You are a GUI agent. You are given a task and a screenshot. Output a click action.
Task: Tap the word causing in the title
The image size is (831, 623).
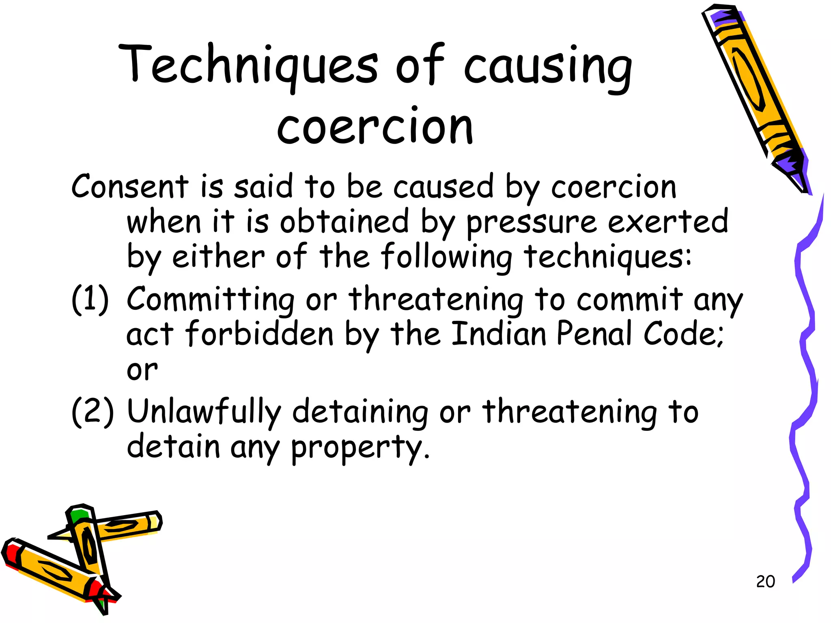pyautogui.click(x=548, y=67)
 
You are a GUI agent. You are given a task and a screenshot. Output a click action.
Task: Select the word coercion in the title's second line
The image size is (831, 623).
pyautogui.click(x=375, y=127)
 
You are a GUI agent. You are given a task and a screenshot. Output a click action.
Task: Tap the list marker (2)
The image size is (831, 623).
pyautogui.click(x=93, y=412)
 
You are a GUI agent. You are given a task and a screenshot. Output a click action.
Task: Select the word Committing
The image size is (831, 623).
pyautogui.click(x=211, y=300)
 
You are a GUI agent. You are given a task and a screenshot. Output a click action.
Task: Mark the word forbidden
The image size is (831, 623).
pyautogui.click(x=260, y=334)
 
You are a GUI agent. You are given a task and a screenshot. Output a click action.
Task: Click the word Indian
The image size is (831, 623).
pyautogui.click(x=499, y=334)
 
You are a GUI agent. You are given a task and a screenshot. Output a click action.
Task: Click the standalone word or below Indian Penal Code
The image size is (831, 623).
pyautogui.click(x=142, y=370)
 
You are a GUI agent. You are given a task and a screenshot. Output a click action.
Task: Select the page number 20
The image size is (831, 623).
pyautogui.click(x=765, y=581)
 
